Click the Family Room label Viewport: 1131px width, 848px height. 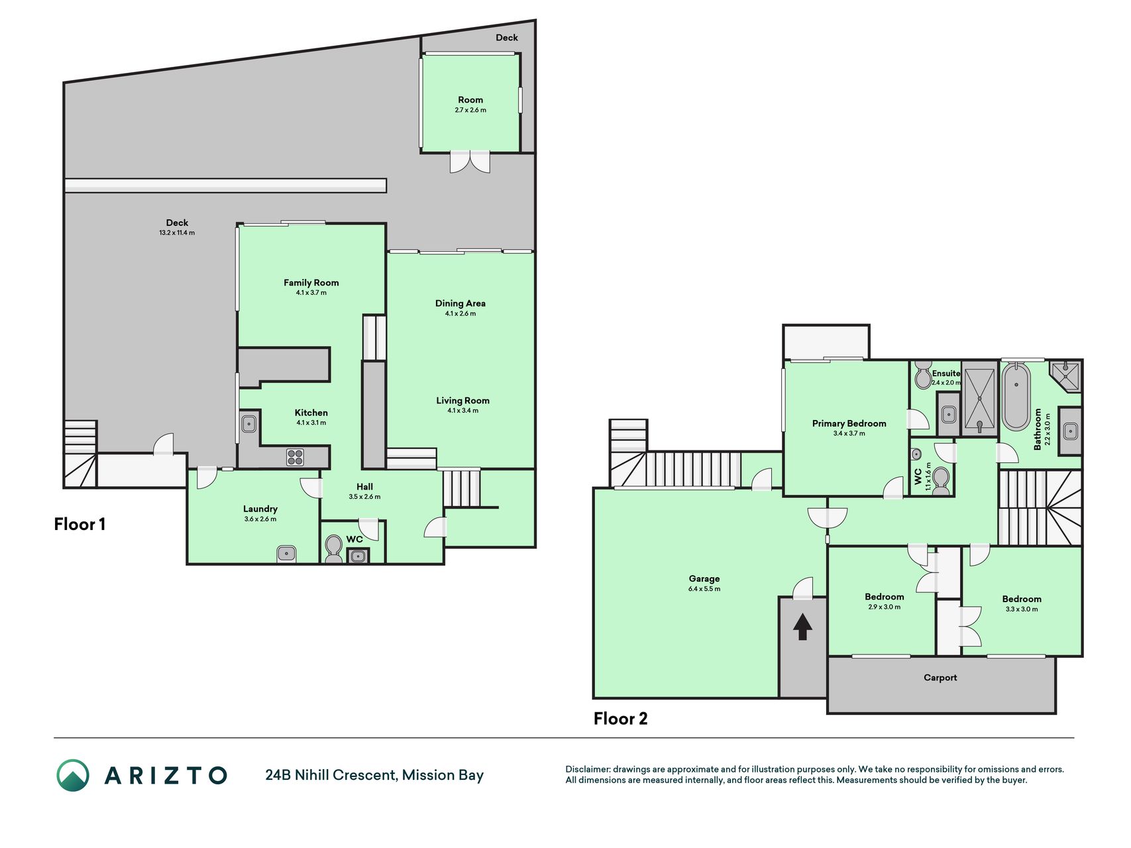coord(311,283)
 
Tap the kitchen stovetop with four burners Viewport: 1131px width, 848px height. coord(295,457)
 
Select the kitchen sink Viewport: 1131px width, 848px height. coord(249,423)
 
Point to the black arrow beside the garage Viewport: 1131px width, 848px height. coord(802,626)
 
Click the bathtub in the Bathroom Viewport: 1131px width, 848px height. coord(1016,396)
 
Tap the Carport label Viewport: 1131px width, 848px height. coord(940,678)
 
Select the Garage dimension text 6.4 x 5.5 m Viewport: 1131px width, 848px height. coord(704,589)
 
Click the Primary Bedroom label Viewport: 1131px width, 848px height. coord(849,424)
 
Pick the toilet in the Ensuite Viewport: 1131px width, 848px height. coord(922,376)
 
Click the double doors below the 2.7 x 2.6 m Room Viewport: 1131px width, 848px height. coord(470,162)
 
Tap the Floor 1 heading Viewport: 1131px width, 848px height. coord(80,525)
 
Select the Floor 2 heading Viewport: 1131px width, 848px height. coord(620,719)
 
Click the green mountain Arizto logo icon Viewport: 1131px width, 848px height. coord(72,775)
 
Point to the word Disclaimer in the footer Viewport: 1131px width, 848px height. coord(587,769)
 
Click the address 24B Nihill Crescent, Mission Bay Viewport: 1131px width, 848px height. coord(374,775)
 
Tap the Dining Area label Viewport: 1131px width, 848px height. coord(460,303)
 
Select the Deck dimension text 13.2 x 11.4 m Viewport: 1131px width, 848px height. coord(177,233)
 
